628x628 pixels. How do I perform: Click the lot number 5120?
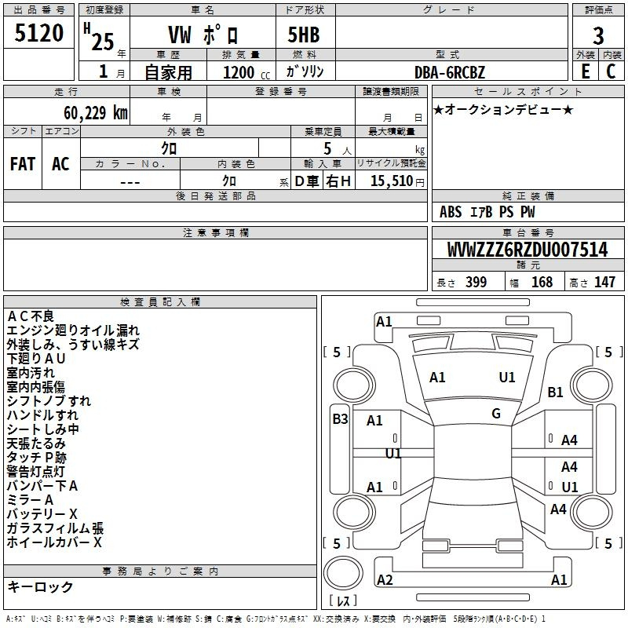pos(38,33)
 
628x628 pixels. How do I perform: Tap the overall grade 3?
pos(598,36)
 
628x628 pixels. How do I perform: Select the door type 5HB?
pos(304,35)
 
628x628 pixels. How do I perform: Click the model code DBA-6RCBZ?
pos(450,72)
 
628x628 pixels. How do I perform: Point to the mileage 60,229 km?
pos(96,113)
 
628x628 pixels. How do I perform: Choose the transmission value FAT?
pos(23,164)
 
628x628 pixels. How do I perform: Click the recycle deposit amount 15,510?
pos(392,181)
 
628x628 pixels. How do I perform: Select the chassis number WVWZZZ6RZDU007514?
pos(528,250)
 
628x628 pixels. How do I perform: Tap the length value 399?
pos(476,282)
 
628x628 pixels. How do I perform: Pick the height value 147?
pos(604,282)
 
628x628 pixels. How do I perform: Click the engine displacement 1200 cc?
pos(246,72)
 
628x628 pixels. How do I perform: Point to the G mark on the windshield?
pos(496,413)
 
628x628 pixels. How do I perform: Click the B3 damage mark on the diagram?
pos(340,419)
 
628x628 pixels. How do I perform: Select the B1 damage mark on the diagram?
pos(555,392)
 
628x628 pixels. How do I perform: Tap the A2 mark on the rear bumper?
pos(385,579)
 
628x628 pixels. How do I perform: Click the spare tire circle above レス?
pos(343,573)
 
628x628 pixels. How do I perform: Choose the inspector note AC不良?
pos(31,316)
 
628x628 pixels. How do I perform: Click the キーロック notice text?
pos(40,586)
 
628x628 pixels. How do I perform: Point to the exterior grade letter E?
pos(586,71)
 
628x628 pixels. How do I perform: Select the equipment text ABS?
pos(451,212)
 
